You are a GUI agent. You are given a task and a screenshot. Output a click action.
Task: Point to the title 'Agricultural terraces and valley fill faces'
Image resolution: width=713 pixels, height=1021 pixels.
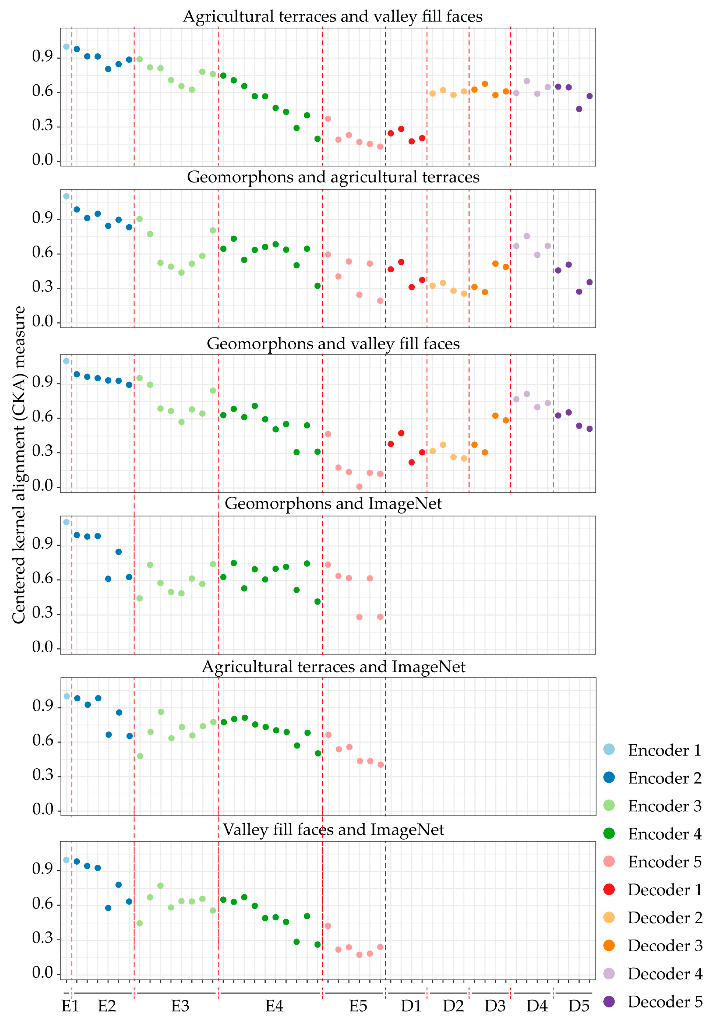[x=333, y=16]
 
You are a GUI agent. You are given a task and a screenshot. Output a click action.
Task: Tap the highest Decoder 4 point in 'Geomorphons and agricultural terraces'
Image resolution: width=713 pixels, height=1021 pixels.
[x=527, y=236]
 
